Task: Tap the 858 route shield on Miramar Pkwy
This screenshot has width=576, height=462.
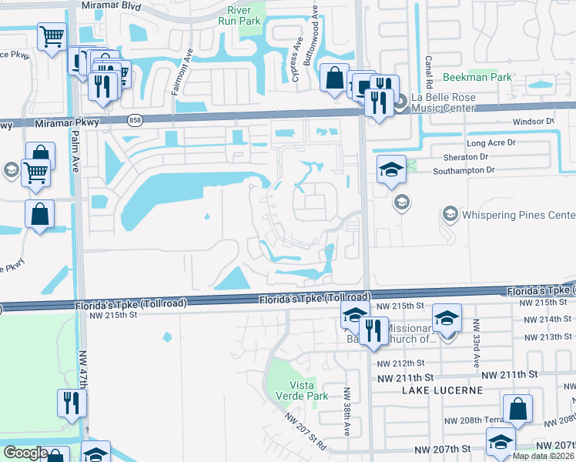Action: point(136,121)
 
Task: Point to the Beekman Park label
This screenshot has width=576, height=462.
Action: point(477,78)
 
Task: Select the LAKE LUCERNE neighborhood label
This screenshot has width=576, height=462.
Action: point(442,390)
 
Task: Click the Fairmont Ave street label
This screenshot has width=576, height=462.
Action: point(176,75)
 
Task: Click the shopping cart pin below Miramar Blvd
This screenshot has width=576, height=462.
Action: point(52,35)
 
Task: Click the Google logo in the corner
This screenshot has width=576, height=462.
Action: point(25,453)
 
